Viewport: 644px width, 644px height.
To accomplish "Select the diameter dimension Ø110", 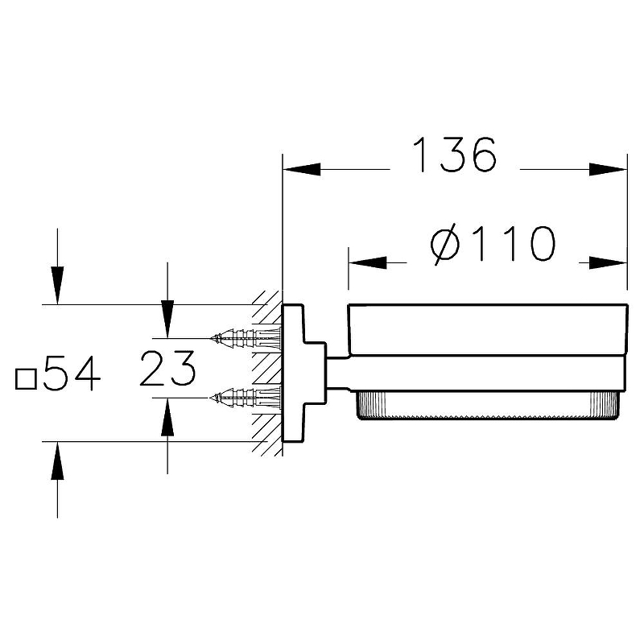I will [x=493, y=244].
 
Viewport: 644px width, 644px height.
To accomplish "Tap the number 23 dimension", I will [x=167, y=370].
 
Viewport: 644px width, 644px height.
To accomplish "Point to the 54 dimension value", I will [x=72, y=374].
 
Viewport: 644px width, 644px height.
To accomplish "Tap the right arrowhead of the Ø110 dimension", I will [x=608, y=262].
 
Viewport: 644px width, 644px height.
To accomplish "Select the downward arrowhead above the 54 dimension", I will [x=58, y=286].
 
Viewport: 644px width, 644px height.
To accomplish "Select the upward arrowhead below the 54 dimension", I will [x=58, y=460].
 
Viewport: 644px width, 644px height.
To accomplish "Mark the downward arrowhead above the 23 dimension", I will [x=167, y=319].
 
